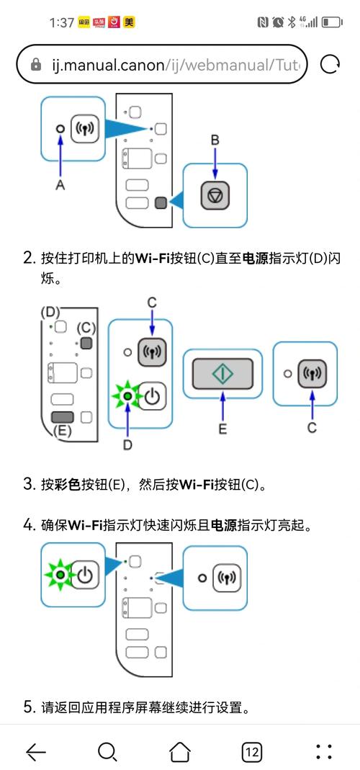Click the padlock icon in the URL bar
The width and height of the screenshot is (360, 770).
[36, 65]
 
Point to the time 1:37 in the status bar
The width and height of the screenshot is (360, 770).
[61, 22]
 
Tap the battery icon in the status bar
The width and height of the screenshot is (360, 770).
[332, 22]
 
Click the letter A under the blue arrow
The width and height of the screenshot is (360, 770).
[60, 184]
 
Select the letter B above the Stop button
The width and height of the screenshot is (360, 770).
[215, 140]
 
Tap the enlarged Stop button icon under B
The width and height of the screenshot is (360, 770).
[215, 194]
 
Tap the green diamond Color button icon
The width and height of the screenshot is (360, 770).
[222, 373]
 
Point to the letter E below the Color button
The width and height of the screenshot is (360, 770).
[222, 429]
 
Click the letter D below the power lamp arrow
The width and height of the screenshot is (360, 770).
[127, 444]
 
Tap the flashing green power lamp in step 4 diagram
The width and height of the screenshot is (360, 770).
[59, 575]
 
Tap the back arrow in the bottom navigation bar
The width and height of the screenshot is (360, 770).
[35, 752]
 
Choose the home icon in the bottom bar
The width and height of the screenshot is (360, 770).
[179, 752]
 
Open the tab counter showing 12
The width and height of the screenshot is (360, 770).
[251, 752]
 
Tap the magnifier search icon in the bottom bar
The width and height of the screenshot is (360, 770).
[107, 752]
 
